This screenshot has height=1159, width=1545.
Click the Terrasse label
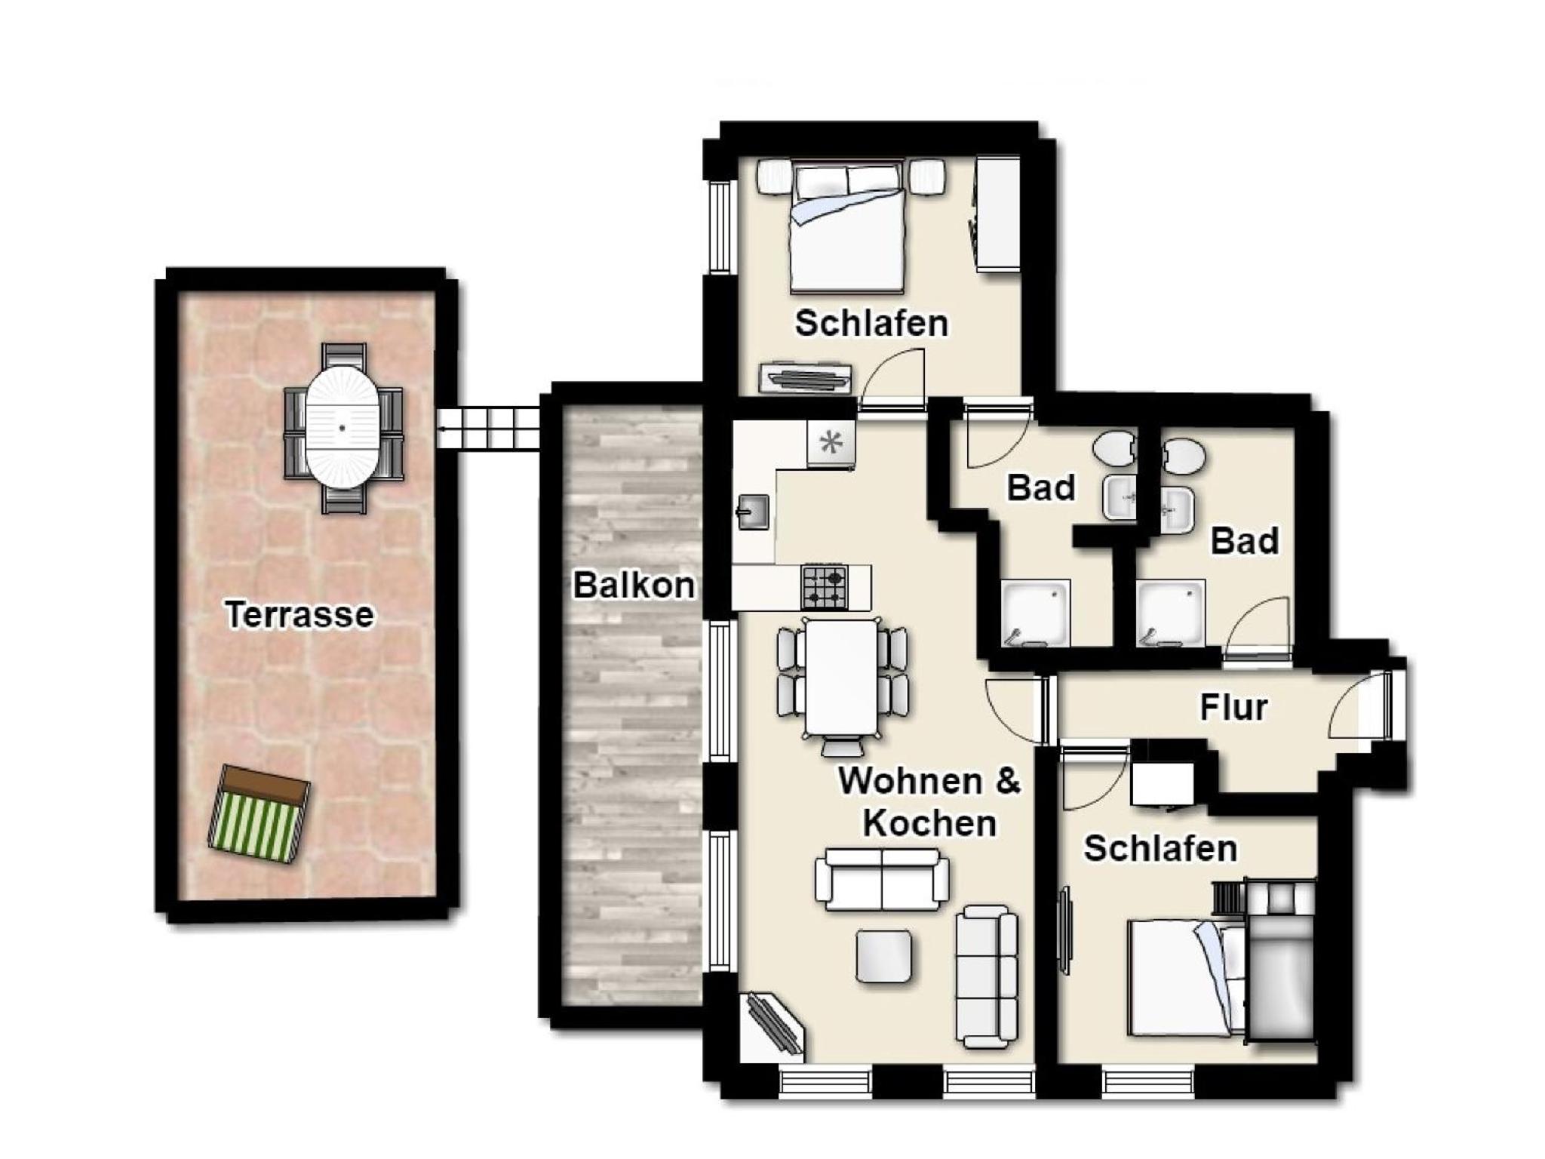pyautogui.click(x=299, y=614)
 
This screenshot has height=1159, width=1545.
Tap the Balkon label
pyautogui.click(x=634, y=585)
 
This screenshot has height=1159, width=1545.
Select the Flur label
pyautogui.click(x=1233, y=708)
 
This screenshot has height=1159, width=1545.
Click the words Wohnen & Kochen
pyautogui.click(x=929, y=801)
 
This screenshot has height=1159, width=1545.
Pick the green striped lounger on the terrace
pyautogui.click(x=258, y=814)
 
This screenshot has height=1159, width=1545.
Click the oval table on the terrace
pyautogui.click(x=342, y=428)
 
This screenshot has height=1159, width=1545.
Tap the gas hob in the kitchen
pyautogui.click(x=824, y=587)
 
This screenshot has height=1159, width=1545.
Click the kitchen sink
pyautogui.click(x=753, y=512)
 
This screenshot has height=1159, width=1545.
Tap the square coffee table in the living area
pyautogui.click(x=884, y=956)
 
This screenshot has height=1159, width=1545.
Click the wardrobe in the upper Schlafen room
pyautogui.click(x=998, y=214)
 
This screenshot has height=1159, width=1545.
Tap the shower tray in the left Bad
pyautogui.click(x=1035, y=613)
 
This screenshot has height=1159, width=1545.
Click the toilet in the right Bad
pyautogui.click(x=1184, y=455)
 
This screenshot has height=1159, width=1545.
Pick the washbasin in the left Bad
pyautogui.click(x=1120, y=499)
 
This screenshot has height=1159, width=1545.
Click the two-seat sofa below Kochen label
pyautogui.click(x=882, y=880)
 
